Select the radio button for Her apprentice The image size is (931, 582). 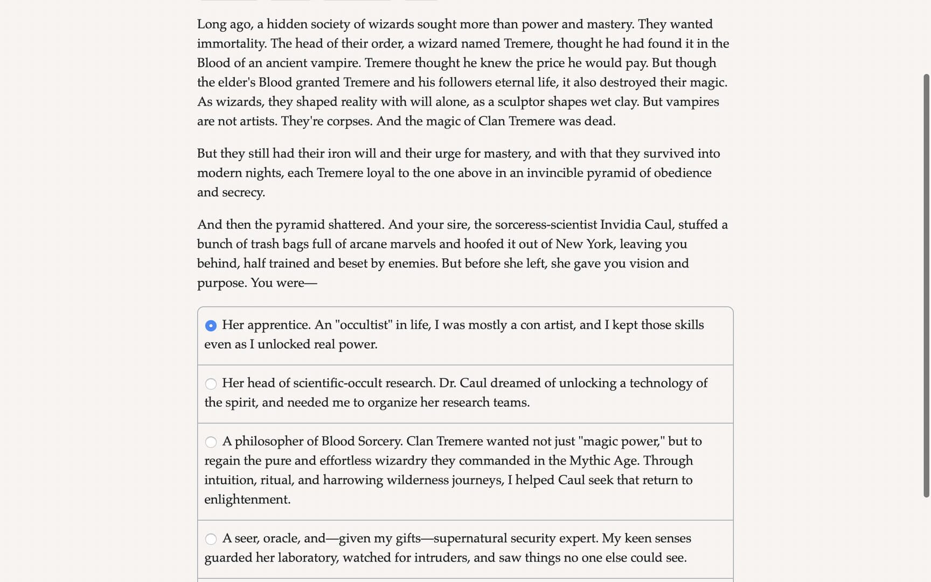point(211,325)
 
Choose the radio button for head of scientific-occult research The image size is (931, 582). point(211,384)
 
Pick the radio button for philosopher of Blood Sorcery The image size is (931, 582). point(211,442)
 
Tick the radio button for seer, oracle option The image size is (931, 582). point(211,539)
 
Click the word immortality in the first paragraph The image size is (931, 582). point(231,44)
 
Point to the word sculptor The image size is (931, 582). point(522,102)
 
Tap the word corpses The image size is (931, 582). point(349,121)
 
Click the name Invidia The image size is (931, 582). point(620,225)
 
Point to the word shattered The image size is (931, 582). point(356,225)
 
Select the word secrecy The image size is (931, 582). point(243,192)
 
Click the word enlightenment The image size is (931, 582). point(247,500)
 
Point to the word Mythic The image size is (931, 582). point(588,461)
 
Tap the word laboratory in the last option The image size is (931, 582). point(308,558)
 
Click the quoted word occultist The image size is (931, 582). point(364,325)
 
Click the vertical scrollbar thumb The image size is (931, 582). point(926,286)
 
